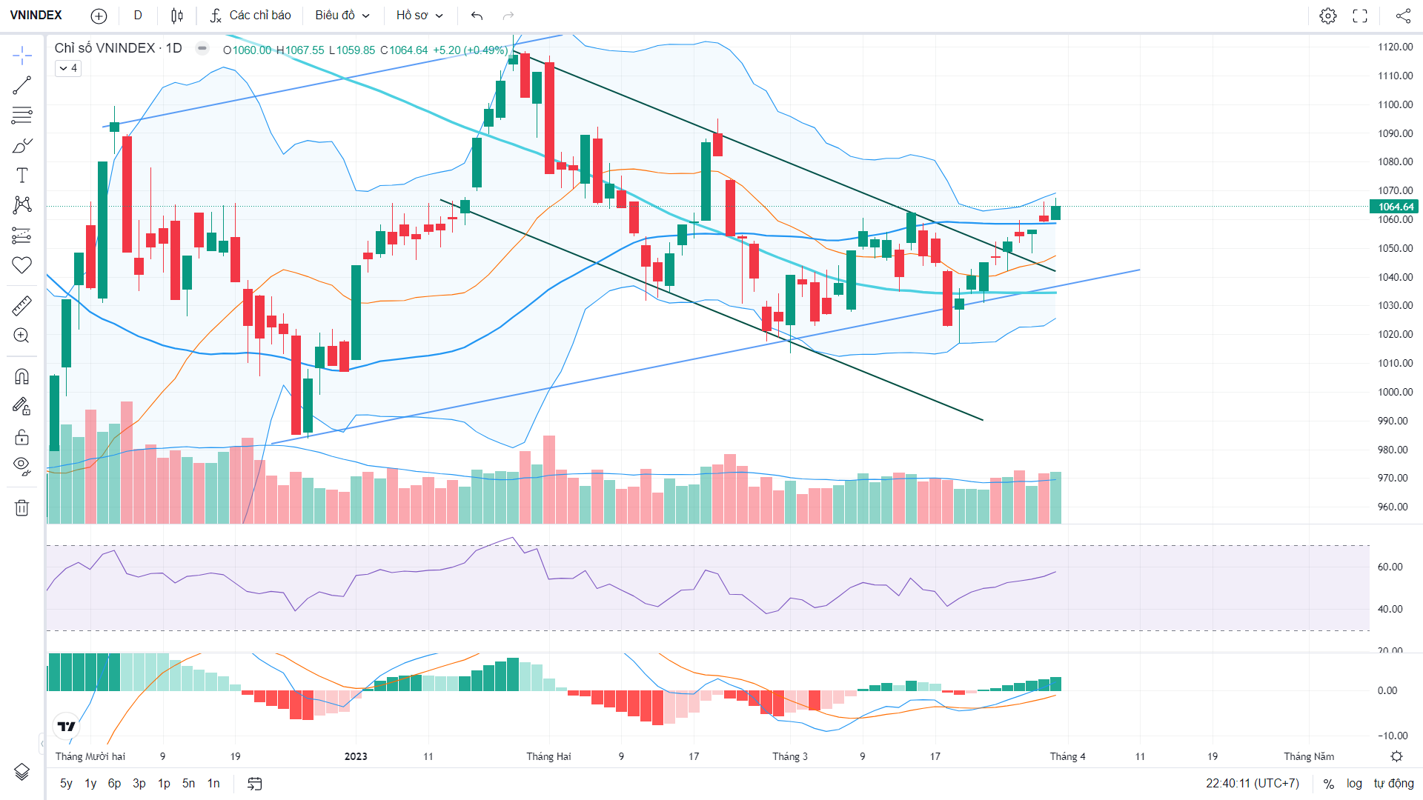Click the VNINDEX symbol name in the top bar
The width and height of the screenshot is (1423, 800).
(x=36, y=16)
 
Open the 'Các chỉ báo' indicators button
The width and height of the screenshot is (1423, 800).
(x=251, y=16)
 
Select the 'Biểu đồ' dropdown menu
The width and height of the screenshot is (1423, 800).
(x=342, y=16)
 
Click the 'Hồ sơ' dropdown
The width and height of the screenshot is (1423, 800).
(x=419, y=16)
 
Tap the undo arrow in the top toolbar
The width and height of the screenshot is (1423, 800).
(x=477, y=16)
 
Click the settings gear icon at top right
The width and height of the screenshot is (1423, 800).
(x=1328, y=16)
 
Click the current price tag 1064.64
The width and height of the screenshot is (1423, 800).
(x=1396, y=207)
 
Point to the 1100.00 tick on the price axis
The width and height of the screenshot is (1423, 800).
(x=1396, y=104)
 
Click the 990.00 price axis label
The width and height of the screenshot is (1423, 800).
(x=1393, y=421)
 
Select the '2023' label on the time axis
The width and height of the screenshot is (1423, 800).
(x=356, y=756)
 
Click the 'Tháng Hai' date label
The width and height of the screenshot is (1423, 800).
(x=548, y=756)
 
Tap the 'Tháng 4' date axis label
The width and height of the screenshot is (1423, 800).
(x=1067, y=756)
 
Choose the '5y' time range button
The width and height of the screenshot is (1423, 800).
(x=66, y=784)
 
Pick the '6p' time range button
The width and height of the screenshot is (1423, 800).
(x=114, y=784)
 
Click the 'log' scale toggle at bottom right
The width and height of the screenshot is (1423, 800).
(x=1354, y=784)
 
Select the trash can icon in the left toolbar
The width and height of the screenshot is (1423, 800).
(x=21, y=507)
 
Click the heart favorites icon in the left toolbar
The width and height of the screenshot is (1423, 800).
(x=21, y=265)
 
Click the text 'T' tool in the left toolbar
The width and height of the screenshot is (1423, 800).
(x=21, y=176)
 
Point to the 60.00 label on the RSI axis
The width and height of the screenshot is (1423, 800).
(x=1390, y=567)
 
